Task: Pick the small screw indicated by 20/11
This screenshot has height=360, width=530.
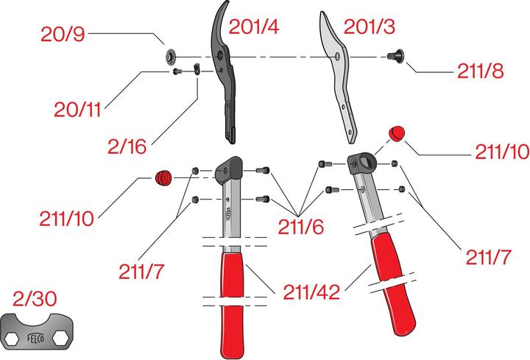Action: click(x=177, y=71)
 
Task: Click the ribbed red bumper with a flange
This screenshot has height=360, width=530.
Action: click(x=162, y=177)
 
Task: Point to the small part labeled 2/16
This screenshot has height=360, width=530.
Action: click(x=197, y=70)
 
